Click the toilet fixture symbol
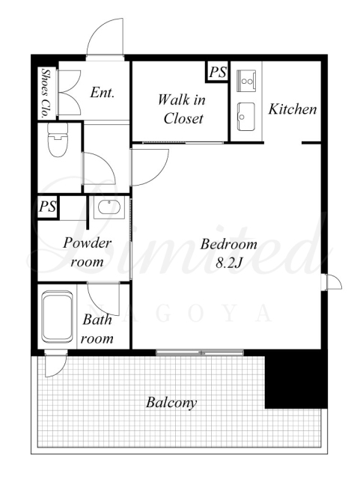[58, 139]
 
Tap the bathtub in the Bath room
[58, 317]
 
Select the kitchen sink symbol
[246, 117]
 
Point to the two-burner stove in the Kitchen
[246, 80]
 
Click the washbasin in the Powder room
[109, 207]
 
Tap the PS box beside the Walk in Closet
[217, 72]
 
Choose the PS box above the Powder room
[48, 207]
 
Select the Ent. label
[103, 92]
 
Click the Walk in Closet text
[183, 109]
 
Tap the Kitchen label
[293, 109]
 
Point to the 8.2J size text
[229, 263]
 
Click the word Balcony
[171, 403]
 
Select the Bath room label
[97, 329]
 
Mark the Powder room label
[87, 252]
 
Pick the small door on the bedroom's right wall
[332, 282]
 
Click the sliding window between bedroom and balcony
[200, 353]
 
